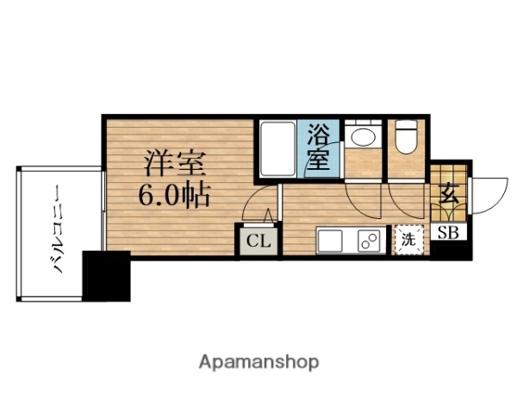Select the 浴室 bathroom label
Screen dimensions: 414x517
click(319, 147)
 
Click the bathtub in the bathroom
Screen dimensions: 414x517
click(277, 149)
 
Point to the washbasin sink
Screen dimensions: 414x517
click(362, 136)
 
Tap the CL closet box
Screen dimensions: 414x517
click(258, 240)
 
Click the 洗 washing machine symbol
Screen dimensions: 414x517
click(408, 239)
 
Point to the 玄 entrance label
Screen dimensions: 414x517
click(449, 195)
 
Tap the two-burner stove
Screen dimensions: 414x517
click(369, 240)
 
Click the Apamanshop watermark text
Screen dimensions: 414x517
click(258, 361)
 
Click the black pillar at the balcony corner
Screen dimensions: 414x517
click(107, 275)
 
